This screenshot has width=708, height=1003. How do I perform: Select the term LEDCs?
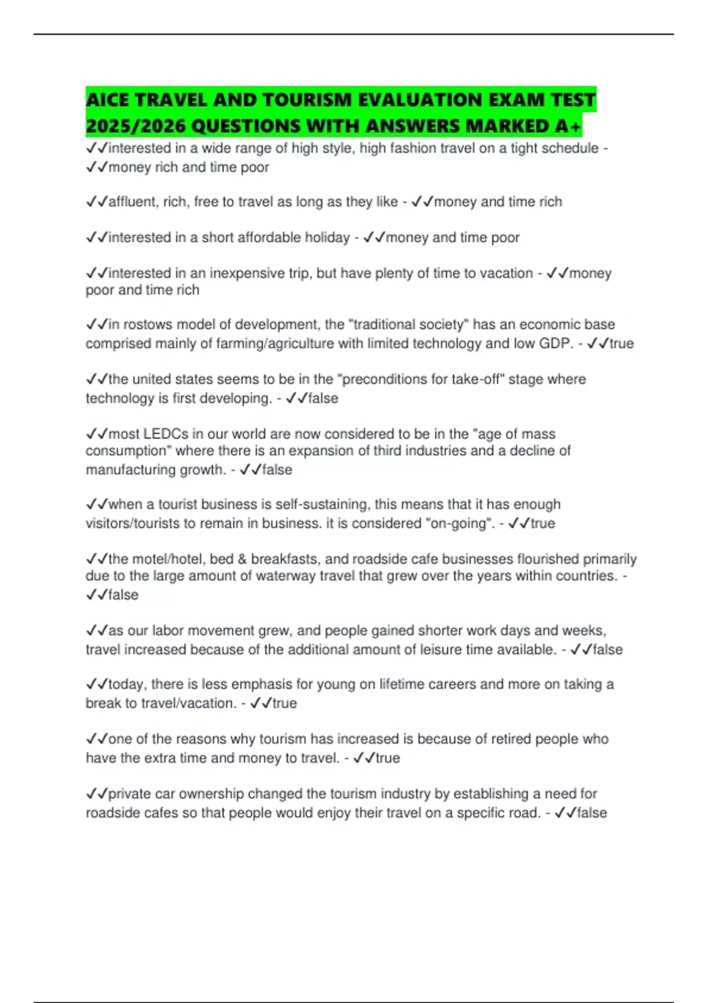166,434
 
